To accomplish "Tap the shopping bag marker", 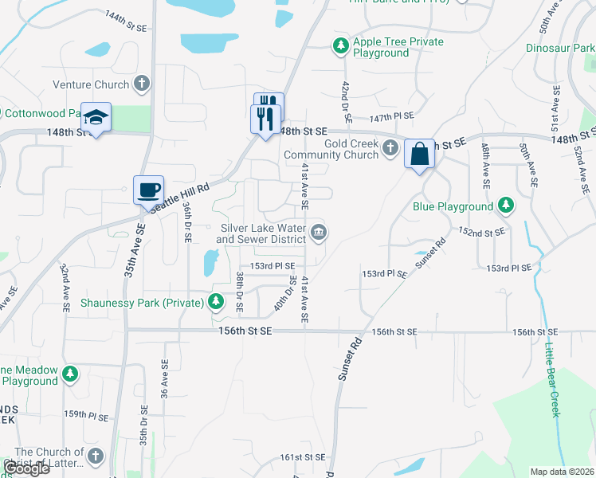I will click(419, 154).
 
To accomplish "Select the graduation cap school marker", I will click(96, 119).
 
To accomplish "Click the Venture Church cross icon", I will click(142, 84).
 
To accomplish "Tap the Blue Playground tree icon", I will click(505, 206).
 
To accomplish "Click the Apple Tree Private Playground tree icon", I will click(340, 46).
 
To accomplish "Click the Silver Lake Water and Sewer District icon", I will click(319, 233).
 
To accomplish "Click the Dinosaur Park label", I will click(560, 48).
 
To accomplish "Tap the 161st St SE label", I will click(303, 457).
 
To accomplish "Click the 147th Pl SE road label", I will click(391, 116).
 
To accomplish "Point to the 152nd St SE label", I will click(482, 232).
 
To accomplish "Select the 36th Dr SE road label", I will click(186, 221).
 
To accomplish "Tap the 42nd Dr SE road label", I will click(345, 96).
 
